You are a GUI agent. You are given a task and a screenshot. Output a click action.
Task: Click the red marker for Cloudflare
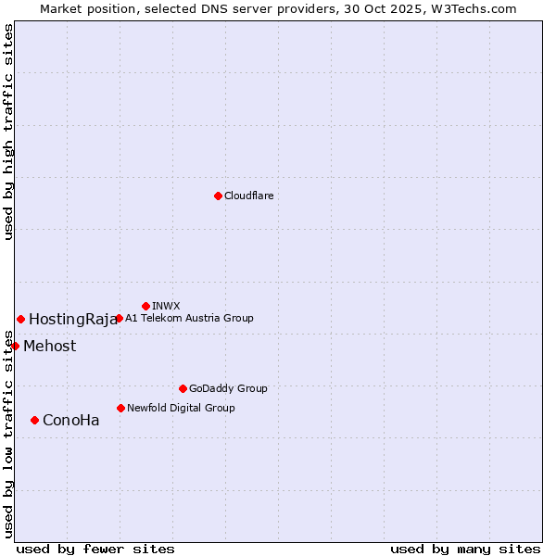pos(218,196)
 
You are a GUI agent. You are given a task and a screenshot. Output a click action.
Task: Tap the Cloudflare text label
pos(249,196)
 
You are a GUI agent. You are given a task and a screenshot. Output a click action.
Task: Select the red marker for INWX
pos(145,306)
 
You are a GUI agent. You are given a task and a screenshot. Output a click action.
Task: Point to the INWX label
pos(166,306)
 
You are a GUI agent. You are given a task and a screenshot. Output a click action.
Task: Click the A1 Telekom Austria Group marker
pos(119,318)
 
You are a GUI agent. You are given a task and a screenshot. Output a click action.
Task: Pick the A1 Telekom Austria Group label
pos(189,318)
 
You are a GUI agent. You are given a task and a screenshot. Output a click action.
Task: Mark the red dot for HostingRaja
pos(20,319)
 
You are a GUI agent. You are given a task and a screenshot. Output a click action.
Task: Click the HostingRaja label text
pos(73,320)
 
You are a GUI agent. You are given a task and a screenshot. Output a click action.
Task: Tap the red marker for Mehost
pos(15,346)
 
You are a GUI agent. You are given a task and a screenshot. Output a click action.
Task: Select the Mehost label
pos(50,347)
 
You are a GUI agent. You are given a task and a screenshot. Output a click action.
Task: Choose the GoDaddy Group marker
pos(183,388)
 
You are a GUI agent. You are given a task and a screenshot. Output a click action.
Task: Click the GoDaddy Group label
pos(228,388)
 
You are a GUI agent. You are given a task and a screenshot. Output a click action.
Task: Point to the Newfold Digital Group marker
pos(120,408)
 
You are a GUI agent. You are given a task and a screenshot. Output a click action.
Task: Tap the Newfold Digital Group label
pos(181,408)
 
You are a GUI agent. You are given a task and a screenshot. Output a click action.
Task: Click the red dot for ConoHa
pos(34,420)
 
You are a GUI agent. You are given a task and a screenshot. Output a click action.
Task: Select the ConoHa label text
pos(71,421)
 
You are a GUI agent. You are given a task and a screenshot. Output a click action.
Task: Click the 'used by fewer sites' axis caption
pos(95,549)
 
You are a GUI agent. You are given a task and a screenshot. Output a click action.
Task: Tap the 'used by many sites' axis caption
pos(465,549)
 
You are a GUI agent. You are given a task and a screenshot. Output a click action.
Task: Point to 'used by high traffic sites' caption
pos(8,132)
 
